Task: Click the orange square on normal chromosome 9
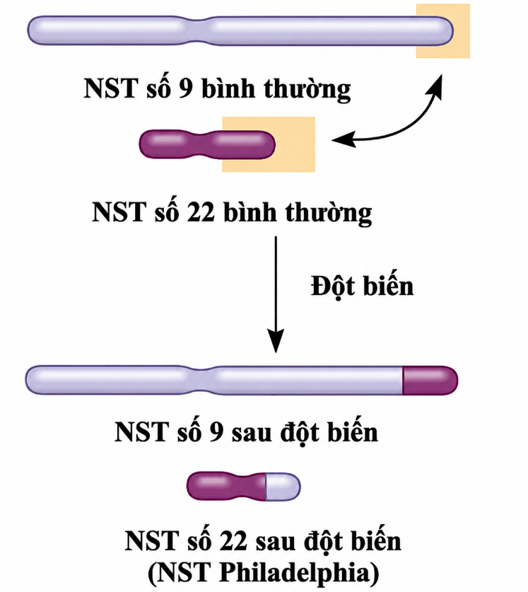coord(442,31)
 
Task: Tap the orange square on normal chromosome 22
coord(269,144)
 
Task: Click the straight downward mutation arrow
coord(276,294)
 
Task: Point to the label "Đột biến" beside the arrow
coord(363,287)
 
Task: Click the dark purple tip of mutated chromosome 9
coord(430,381)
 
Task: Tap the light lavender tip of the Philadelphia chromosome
coord(283,487)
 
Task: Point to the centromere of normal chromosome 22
coord(198,144)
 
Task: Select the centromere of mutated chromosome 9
coord(202,381)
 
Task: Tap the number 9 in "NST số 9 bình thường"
coord(185,88)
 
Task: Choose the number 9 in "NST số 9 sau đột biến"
coord(216,432)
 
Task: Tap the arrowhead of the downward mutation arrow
coord(276,342)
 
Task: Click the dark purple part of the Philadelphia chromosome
coord(226,487)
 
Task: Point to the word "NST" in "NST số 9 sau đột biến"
coord(141,432)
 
